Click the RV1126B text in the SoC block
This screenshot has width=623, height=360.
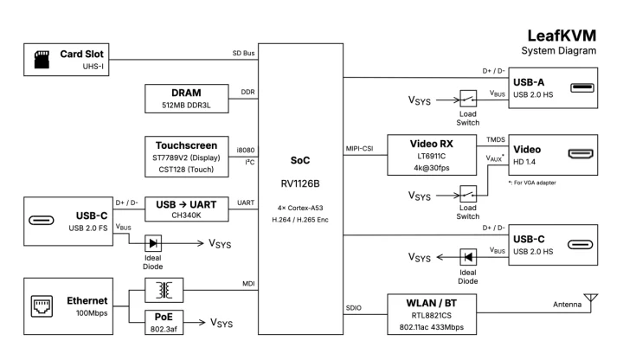click(x=299, y=183)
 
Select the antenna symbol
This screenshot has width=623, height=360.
click(x=592, y=299)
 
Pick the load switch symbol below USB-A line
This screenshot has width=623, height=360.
click(x=467, y=100)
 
